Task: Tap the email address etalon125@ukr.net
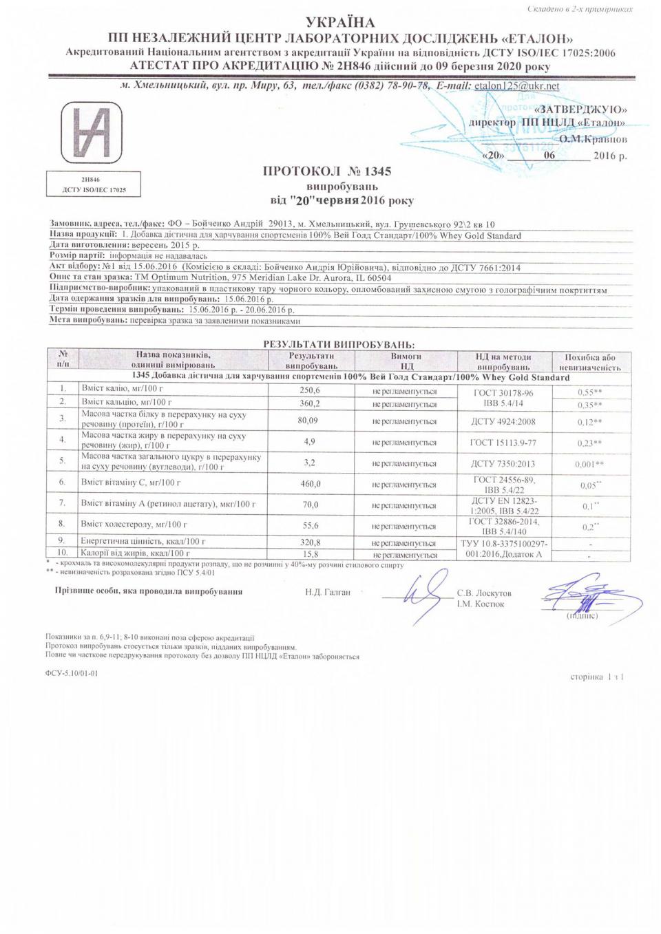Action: point(517,86)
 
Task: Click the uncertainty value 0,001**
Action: point(589,465)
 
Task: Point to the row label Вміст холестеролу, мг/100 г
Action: point(126,524)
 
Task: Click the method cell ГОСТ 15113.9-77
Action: point(504,443)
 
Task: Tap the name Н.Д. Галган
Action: point(328,592)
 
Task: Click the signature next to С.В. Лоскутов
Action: point(419,593)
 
